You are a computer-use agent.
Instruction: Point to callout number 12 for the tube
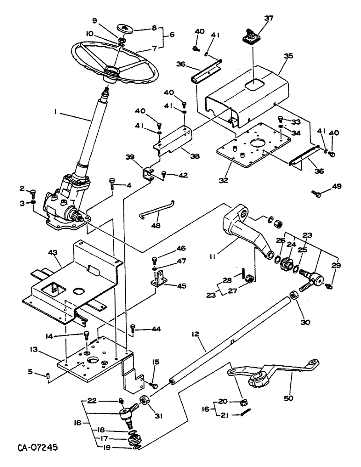[196, 334]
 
